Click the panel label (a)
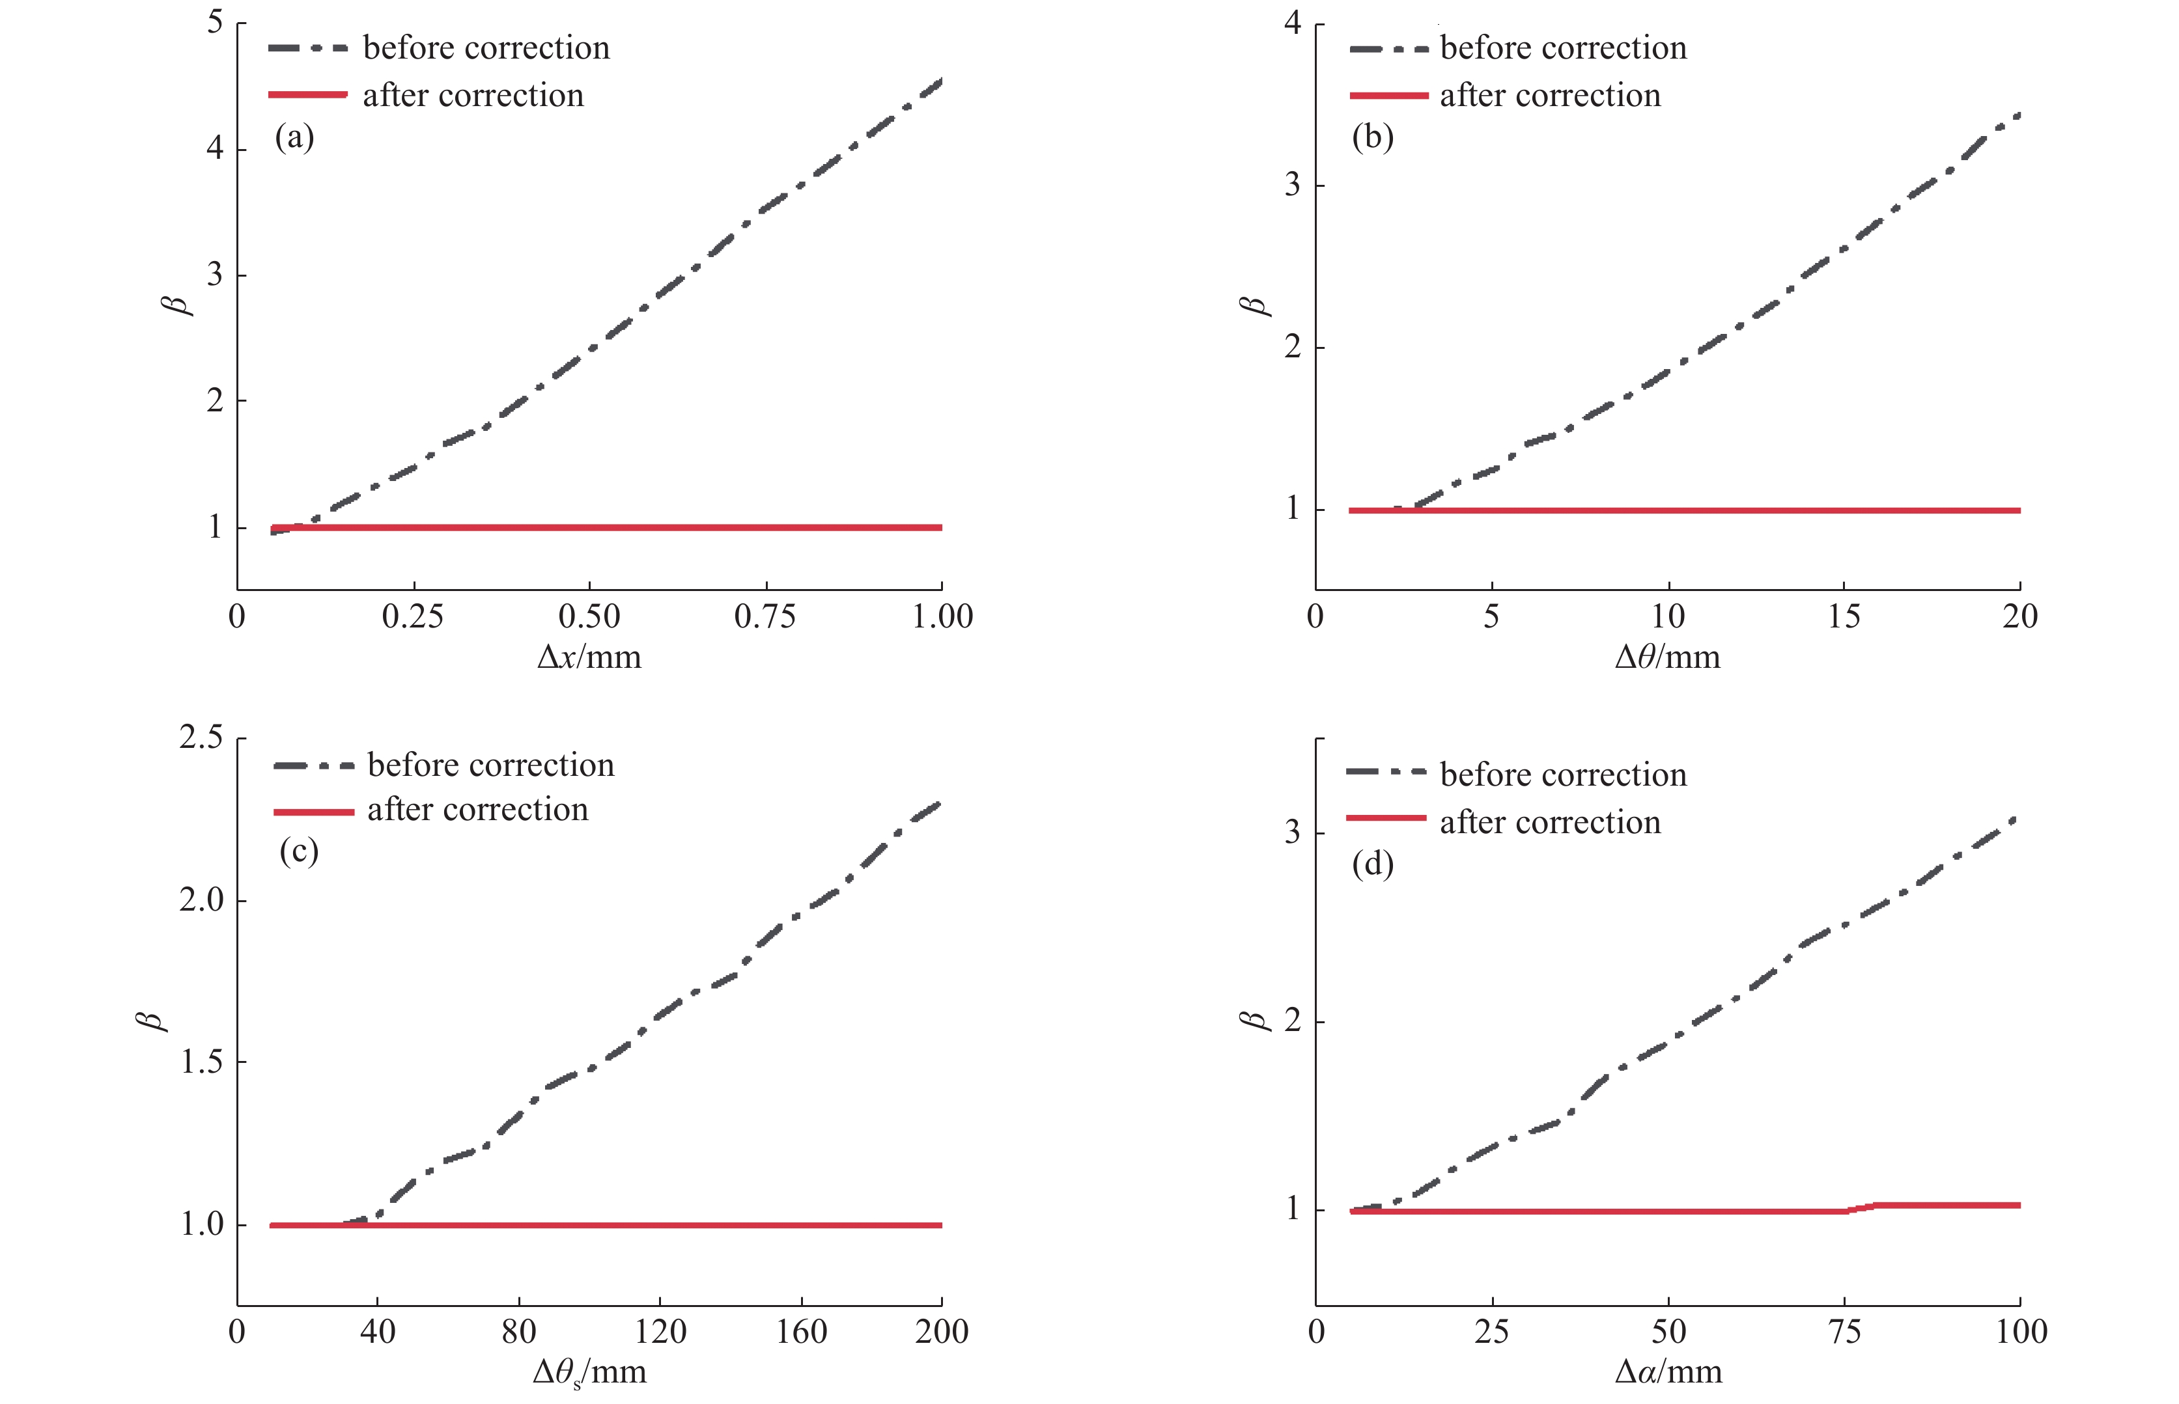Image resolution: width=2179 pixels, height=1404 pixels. pyautogui.click(x=294, y=137)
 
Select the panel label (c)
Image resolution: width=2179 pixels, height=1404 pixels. pyautogui.click(x=298, y=851)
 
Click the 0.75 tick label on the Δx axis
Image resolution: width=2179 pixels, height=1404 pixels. pyautogui.click(x=765, y=617)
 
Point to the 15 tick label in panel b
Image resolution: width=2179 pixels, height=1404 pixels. pyautogui.click(x=1844, y=617)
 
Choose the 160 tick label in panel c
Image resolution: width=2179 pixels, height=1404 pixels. pyautogui.click(x=801, y=1332)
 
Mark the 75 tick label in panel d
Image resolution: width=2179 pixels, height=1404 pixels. pyautogui.click(x=1844, y=1332)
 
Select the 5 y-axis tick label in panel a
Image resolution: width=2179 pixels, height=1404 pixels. pyautogui.click(x=216, y=22)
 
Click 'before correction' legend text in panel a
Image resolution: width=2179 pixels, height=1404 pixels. pyautogui.click(x=486, y=48)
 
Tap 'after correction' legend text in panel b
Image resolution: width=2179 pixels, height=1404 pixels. pyautogui.click(x=1550, y=96)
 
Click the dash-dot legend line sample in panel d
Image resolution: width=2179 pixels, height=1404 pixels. pyautogui.click(x=1385, y=772)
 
